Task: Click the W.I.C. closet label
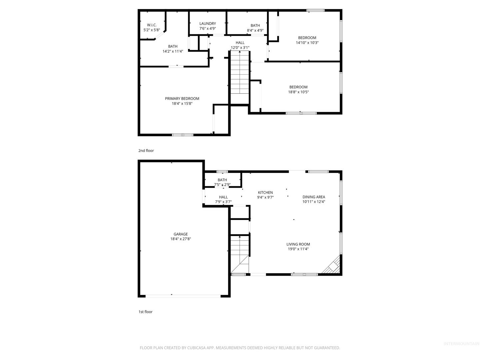point(151,25)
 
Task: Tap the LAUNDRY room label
point(207,24)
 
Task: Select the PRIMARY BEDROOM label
point(182,99)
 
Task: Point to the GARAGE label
point(180,234)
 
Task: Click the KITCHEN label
point(265,193)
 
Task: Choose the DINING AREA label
point(313,197)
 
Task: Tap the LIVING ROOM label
point(298,244)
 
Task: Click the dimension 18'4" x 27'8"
point(180,239)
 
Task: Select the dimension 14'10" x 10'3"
point(307,43)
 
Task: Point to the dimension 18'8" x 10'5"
point(298,92)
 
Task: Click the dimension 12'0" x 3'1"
point(240,48)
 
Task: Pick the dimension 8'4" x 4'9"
point(255,30)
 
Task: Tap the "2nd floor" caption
point(146,151)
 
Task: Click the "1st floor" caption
point(145,312)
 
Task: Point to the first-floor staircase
point(239,254)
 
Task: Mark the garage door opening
point(183,296)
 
